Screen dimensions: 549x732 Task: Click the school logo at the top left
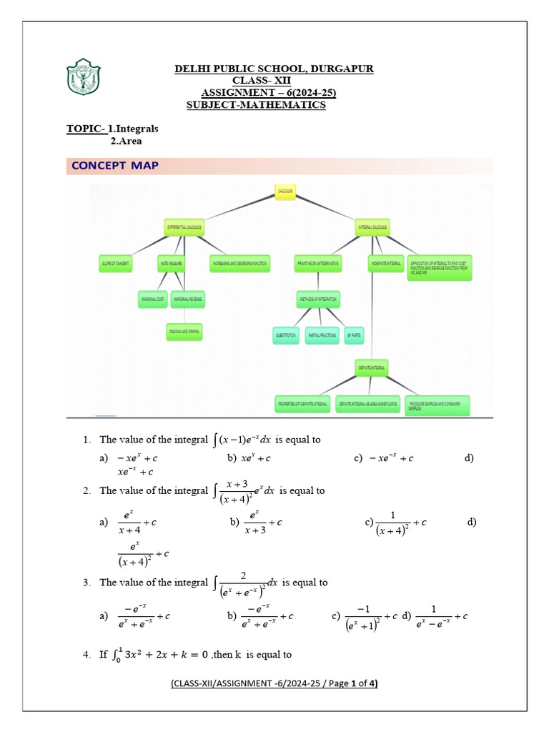click(84, 78)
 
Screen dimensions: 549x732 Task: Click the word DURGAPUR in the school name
click(342, 69)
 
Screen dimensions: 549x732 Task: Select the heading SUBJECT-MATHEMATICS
click(256, 105)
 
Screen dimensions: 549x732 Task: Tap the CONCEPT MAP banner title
click(115, 166)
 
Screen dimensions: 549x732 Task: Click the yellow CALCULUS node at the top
click(285, 192)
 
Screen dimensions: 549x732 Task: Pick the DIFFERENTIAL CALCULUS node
click(184, 227)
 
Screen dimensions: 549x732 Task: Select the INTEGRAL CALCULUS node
click(372, 227)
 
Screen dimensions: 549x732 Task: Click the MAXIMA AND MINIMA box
click(184, 332)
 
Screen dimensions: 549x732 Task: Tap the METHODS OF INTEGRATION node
click(317, 298)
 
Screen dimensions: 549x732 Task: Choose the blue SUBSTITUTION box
click(286, 335)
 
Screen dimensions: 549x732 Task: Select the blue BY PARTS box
click(354, 335)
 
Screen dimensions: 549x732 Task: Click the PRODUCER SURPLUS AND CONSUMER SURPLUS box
click(438, 405)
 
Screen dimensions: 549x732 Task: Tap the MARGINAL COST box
click(152, 298)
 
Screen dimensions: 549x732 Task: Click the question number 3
click(86, 583)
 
